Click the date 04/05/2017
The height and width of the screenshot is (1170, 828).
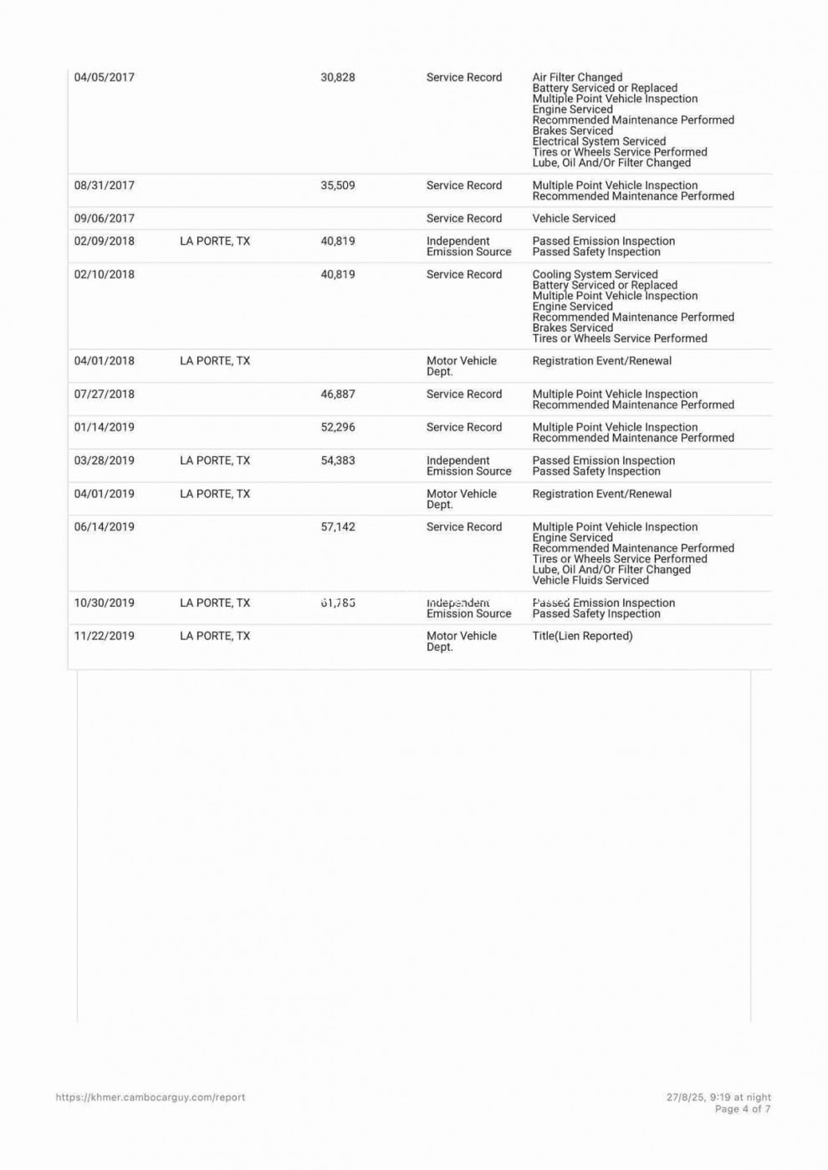104,78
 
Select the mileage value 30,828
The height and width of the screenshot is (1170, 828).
338,78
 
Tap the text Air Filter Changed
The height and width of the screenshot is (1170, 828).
577,78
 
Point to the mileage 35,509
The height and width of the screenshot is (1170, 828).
338,186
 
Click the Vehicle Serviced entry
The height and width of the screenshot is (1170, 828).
574,219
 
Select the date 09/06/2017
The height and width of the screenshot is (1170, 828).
104,219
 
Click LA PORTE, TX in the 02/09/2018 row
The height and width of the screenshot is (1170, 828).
215,242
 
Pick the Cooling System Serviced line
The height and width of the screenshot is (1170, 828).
595,274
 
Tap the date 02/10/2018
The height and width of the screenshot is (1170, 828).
104,275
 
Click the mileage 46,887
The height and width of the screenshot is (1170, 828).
338,394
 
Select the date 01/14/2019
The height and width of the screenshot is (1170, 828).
104,428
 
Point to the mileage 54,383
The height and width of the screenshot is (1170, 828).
338,461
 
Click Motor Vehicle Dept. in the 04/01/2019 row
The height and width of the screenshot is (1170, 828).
461,499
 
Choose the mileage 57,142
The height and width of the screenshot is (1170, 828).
338,527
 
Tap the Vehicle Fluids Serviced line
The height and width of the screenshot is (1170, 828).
590,581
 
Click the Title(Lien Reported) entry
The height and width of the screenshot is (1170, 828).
582,637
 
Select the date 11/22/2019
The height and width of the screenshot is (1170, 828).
104,637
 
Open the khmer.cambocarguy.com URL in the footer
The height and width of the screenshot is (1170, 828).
151,1097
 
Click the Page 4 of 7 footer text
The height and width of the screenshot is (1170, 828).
743,1110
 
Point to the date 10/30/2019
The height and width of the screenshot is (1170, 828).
104,603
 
